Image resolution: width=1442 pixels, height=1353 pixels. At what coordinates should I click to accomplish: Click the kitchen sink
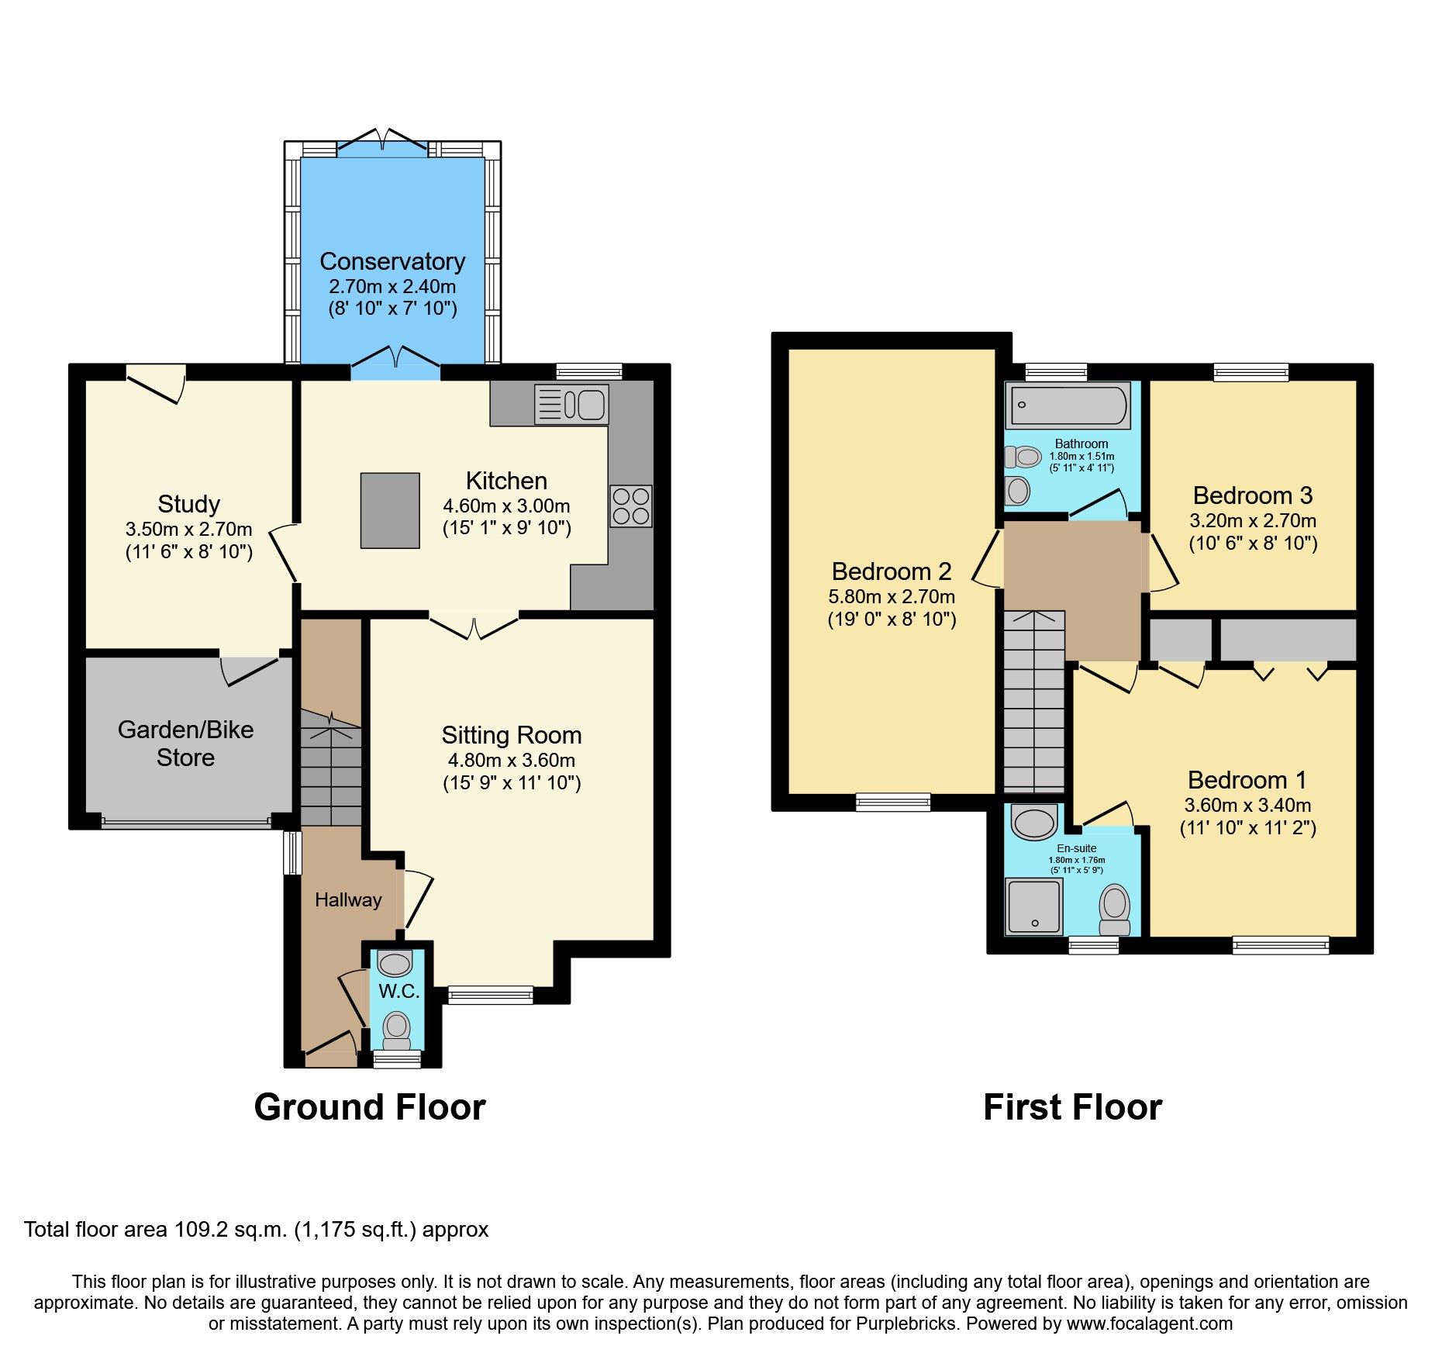pos(571,405)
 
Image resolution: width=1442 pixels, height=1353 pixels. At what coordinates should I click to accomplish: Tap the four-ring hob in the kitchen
pos(630,506)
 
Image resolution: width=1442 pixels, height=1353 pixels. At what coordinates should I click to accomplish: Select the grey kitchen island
pos(390,510)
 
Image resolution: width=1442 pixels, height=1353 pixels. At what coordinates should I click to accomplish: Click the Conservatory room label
pos(392,261)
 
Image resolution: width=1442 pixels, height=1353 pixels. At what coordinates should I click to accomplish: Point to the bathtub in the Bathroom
pos(1068,406)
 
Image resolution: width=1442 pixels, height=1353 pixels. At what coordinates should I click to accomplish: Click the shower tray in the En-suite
pos(1033,906)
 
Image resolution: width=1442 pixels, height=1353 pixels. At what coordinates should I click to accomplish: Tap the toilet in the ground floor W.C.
pos(397,1030)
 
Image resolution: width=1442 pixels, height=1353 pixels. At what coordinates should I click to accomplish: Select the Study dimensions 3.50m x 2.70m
pos(188,530)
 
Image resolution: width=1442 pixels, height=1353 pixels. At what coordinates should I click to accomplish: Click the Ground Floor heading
pos(370,1107)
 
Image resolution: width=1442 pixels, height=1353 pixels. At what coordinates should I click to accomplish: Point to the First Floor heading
pos(1072,1107)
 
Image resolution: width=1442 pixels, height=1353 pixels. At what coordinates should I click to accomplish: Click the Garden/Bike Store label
pos(185,743)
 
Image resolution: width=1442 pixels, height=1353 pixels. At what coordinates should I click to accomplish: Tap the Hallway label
pos(348,899)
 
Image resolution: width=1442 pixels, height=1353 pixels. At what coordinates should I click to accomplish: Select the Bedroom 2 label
pos(891,571)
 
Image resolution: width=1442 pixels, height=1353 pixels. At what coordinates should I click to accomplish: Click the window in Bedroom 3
pos(1251,372)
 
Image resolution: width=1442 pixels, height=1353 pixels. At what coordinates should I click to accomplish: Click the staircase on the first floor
pos(1033,702)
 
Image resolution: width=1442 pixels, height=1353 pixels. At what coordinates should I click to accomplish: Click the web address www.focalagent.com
pos(1149,1324)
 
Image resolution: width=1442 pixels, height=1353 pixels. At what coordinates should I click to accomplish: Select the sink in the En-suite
pos(1034,822)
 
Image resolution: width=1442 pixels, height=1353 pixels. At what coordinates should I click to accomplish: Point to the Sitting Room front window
pos(490,995)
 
